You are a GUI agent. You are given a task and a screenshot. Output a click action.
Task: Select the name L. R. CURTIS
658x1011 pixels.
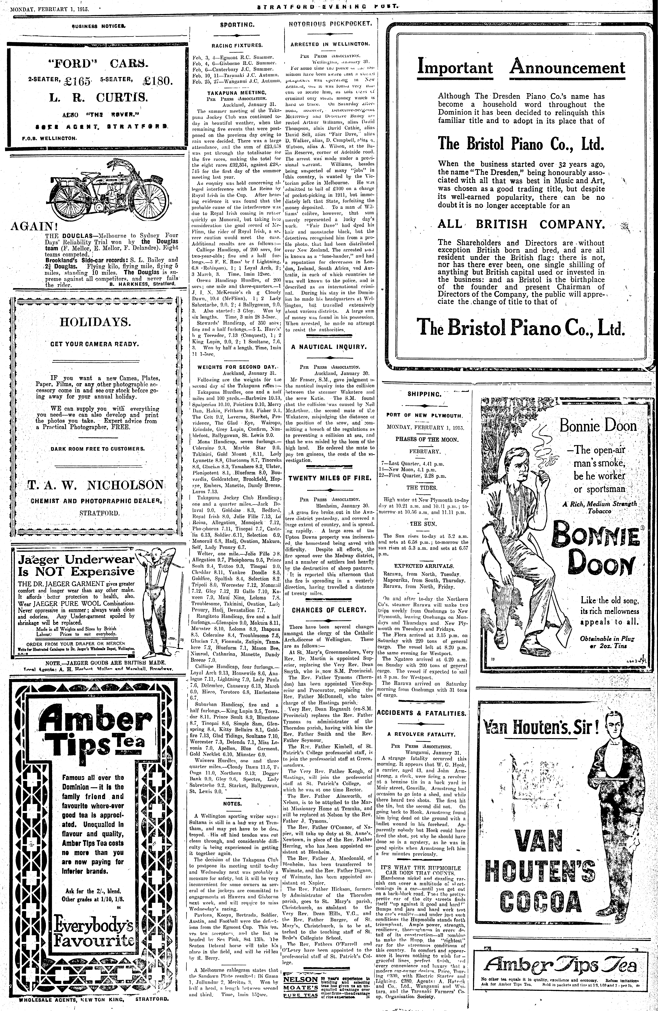[98, 98]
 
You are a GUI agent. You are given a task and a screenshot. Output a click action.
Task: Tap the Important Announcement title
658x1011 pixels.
[521, 68]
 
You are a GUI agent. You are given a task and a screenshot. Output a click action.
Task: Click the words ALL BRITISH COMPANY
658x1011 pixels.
[521, 224]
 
